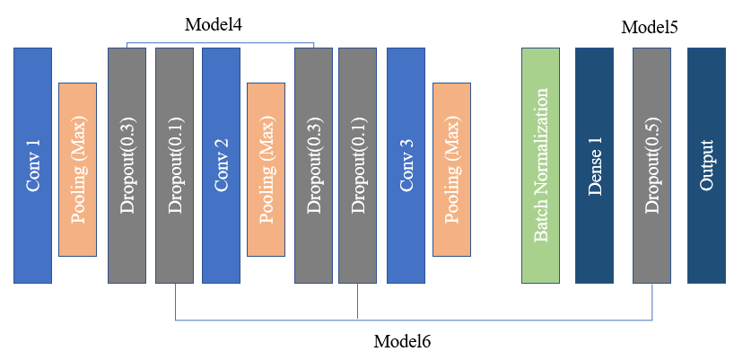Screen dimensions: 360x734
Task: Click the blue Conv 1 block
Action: click(x=32, y=165)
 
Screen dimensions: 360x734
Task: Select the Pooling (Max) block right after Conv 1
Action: click(x=77, y=169)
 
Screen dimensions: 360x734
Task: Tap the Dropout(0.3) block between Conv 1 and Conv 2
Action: click(x=127, y=165)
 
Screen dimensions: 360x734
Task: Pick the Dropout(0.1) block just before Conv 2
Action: click(x=174, y=165)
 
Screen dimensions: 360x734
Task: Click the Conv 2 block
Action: click(x=221, y=165)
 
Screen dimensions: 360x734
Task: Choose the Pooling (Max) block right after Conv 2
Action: click(x=266, y=169)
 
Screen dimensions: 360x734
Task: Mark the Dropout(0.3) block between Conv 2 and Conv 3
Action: click(x=313, y=165)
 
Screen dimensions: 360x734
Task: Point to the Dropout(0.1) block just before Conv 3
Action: click(x=358, y=165)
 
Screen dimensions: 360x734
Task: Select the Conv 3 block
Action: click(x=406, y=165)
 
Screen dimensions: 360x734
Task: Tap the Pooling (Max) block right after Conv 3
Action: click(x=451, y=169)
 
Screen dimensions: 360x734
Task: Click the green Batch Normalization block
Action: click(x=540, y=165)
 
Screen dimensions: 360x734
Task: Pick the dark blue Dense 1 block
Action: click(x=594, y=165)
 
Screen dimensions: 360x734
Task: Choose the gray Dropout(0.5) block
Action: click(x=651, y=165)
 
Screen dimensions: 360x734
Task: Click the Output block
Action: click(x=706, y=165)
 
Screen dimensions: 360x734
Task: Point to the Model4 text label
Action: click(x=214, y=24)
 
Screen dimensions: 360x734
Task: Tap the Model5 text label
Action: click(x=649, y=28)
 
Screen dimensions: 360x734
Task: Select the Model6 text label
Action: click(x=402, y=341)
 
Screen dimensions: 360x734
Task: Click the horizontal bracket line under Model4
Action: click(x=220, y=42)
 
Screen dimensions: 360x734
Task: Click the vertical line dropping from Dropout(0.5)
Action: click(x=651, y=301)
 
